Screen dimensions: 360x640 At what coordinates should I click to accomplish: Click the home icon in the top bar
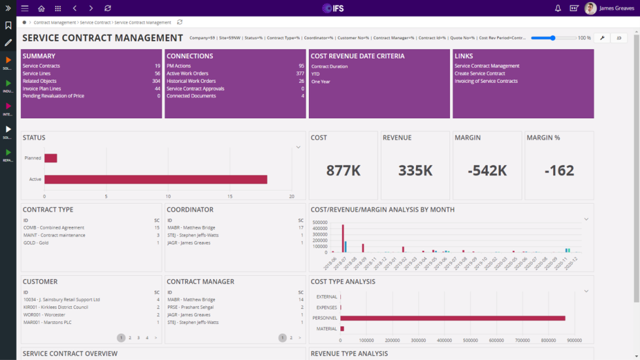click(41, 8)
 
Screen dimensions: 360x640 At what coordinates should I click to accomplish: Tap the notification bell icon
click(558, 8)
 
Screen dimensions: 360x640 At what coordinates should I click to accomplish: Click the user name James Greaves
click(616, 8)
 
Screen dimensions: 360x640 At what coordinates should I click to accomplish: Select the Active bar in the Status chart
click(155, 179)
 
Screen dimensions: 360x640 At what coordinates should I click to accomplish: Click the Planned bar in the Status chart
click(50, 158)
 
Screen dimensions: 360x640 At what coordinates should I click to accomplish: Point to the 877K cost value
click(343, 171)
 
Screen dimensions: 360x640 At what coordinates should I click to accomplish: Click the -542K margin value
click(488, 171)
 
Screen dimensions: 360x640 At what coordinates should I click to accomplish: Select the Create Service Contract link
click(480, 74)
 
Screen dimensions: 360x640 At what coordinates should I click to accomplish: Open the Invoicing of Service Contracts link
click(486, 81)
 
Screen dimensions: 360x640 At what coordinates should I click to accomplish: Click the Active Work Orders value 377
click(300, 74)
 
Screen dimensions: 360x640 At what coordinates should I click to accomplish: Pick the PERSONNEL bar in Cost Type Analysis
click(452, 318)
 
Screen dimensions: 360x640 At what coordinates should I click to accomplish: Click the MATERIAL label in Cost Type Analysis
click(327, 329)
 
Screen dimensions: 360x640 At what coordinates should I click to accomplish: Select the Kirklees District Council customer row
click(56, 307)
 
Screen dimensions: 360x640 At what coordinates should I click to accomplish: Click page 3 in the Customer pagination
click(138, 338)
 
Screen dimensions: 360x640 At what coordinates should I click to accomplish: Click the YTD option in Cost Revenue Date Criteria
click(315, 74)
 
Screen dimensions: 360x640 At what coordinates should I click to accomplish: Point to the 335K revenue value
click(415, 171)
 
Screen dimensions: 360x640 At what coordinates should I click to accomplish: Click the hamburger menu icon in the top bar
click(25, 8)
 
